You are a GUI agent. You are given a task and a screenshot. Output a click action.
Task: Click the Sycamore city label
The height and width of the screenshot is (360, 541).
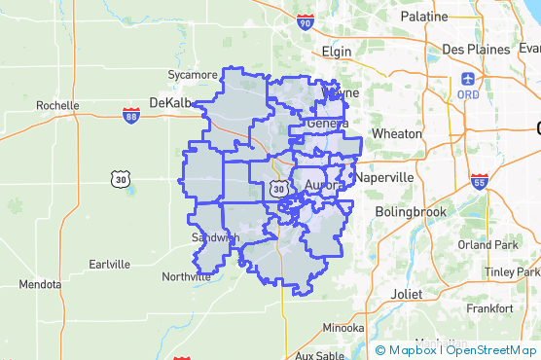(x=193, y=74)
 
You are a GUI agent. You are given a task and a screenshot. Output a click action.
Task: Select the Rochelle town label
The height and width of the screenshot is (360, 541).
(x=57, y=105)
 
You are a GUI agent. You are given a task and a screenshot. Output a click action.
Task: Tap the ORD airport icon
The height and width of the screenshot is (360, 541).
(x=469, y=78)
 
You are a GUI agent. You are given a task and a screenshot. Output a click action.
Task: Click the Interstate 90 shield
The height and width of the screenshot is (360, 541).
(x=306, y=21)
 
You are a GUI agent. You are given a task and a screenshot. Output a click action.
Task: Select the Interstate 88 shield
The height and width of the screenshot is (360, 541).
(x=130, y=116)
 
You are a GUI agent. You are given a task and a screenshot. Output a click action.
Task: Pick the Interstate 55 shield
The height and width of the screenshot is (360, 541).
(x=478, y=182)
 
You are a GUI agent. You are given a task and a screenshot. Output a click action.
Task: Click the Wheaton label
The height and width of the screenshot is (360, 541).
(x=397, y=133)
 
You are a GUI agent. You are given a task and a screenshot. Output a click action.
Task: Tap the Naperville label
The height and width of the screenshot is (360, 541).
(x=384, y=179)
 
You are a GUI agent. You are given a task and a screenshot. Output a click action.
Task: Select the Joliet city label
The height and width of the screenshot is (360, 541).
(x=406, y=292)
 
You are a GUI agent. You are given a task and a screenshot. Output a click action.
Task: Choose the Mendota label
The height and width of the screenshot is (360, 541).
(x=39, y=285)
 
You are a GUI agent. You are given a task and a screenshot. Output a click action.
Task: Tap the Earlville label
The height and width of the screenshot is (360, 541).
(x=108, y=264)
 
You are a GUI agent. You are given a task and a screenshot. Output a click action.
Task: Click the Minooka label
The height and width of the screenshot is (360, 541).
(x=343, y=328)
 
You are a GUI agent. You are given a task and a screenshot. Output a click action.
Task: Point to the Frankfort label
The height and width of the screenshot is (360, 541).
(x=489, y=307)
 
